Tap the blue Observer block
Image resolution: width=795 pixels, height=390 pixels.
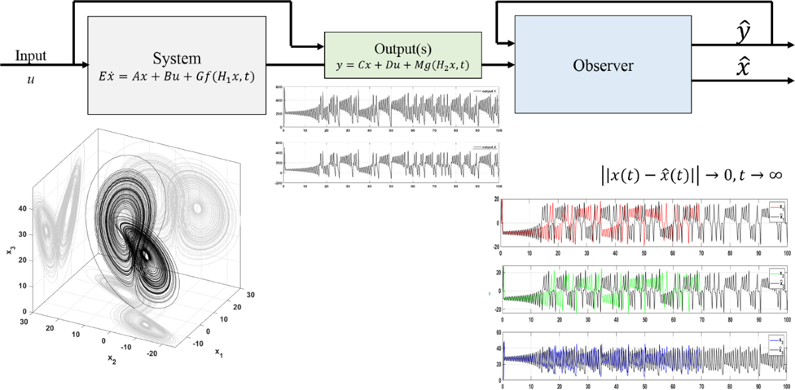602,65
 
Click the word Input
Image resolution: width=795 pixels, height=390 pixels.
30,56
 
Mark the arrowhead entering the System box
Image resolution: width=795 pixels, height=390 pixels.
84,65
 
